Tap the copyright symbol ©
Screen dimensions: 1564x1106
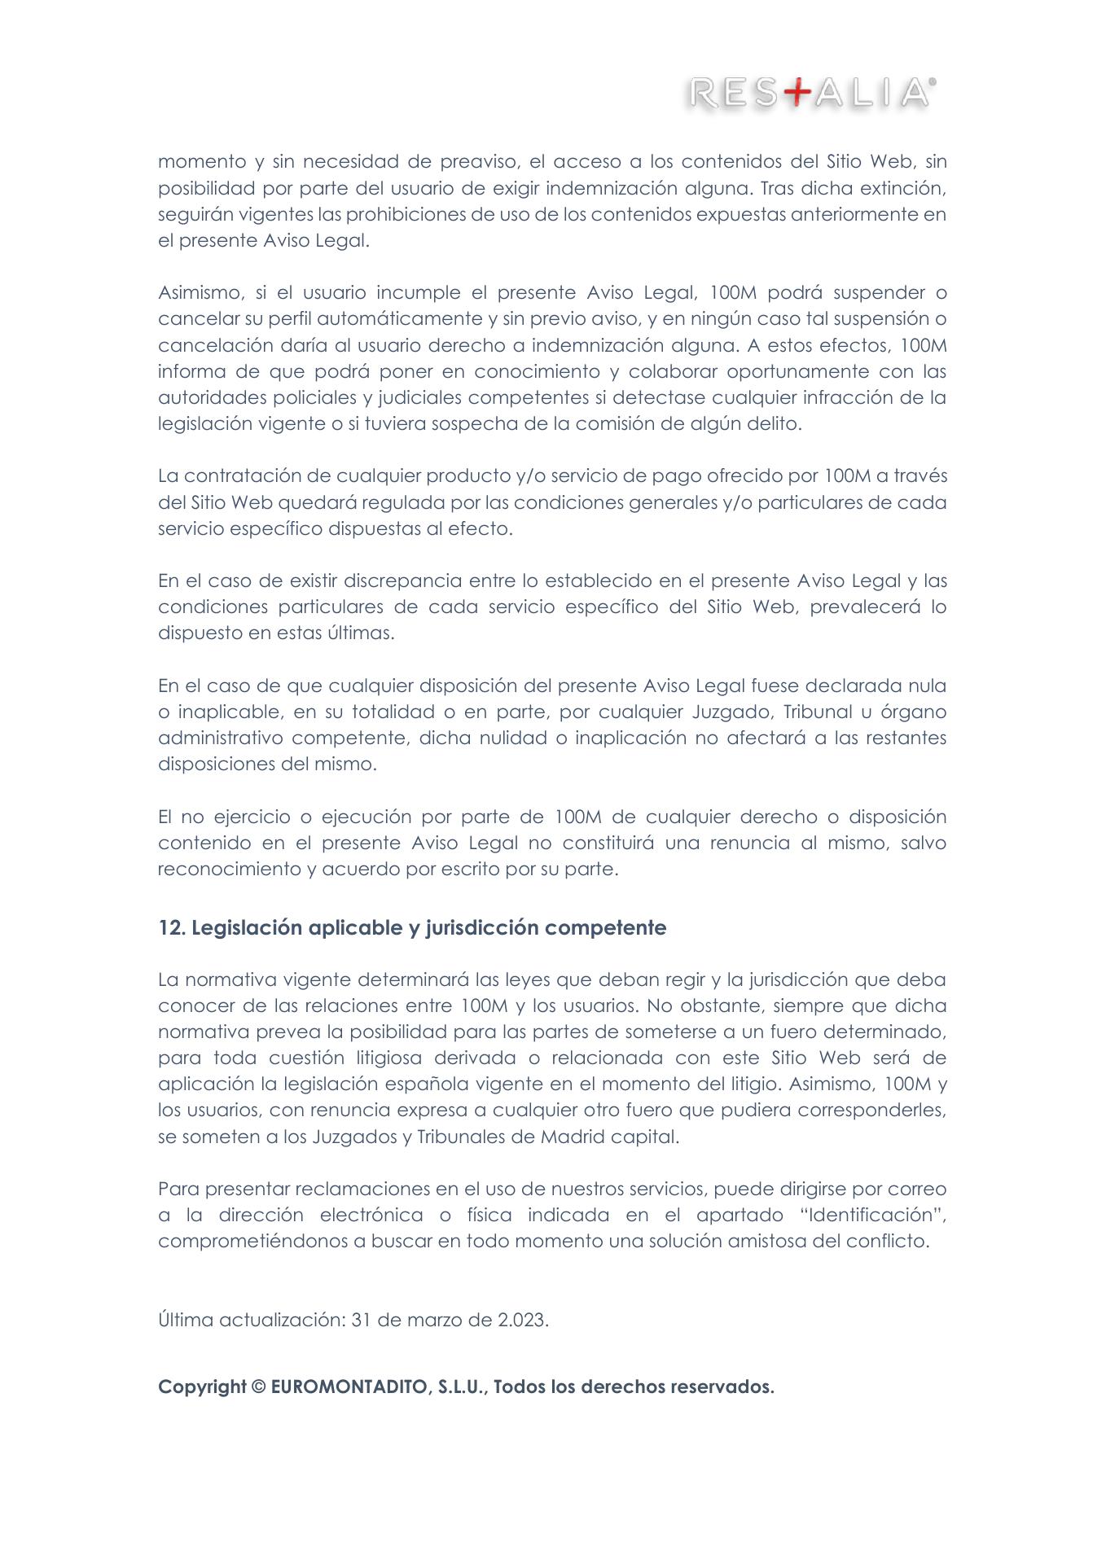click(x=258, y=1387)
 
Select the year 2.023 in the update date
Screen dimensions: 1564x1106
click(x=523, y=1320)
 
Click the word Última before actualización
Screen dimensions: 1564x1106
click(x=186, y=1320)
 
